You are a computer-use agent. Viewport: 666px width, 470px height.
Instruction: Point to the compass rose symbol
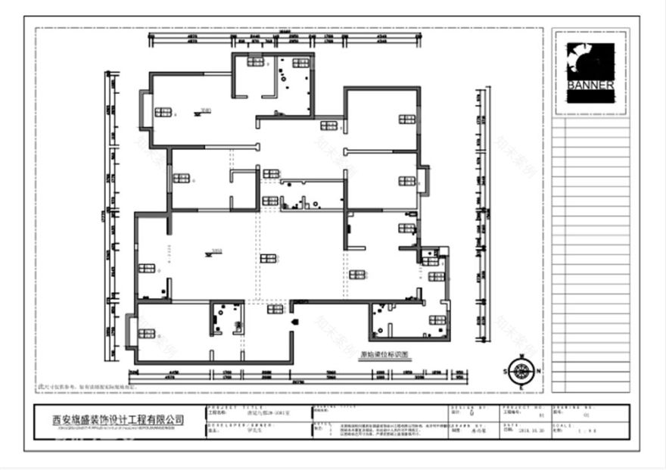[521, 371]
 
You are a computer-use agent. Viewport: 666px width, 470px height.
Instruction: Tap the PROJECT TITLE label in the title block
[227, 407]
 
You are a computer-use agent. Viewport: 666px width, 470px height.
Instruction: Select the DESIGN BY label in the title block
[462, 407]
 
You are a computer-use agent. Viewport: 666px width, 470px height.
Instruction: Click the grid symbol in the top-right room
[406, 119]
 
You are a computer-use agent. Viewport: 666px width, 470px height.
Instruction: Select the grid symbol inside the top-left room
[163, 113]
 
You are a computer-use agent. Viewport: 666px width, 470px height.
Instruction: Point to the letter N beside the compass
[537, 371]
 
